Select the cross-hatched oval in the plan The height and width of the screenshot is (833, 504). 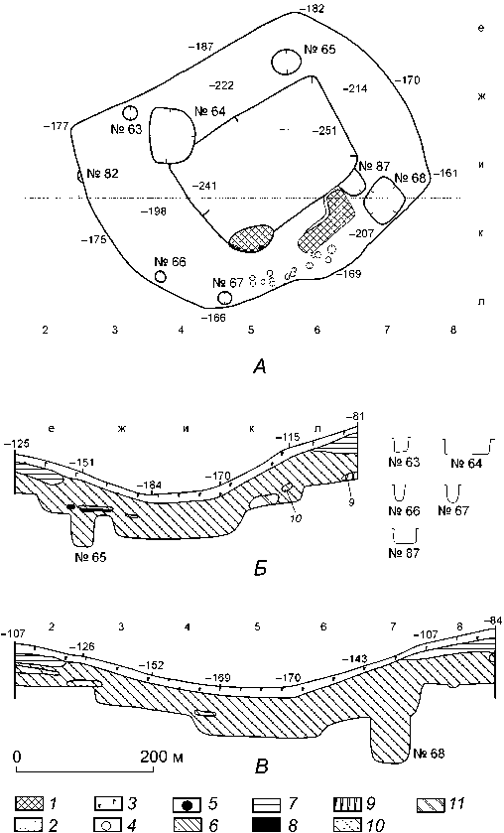point(252,236)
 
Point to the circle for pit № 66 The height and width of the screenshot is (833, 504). point(160,276)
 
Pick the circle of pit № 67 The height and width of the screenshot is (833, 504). point(224,298)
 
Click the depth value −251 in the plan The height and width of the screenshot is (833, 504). point(324,131)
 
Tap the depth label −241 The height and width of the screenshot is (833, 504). point(204,186)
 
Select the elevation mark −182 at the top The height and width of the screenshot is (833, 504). point(312,9)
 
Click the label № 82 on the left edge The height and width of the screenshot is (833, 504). point(103,174)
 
